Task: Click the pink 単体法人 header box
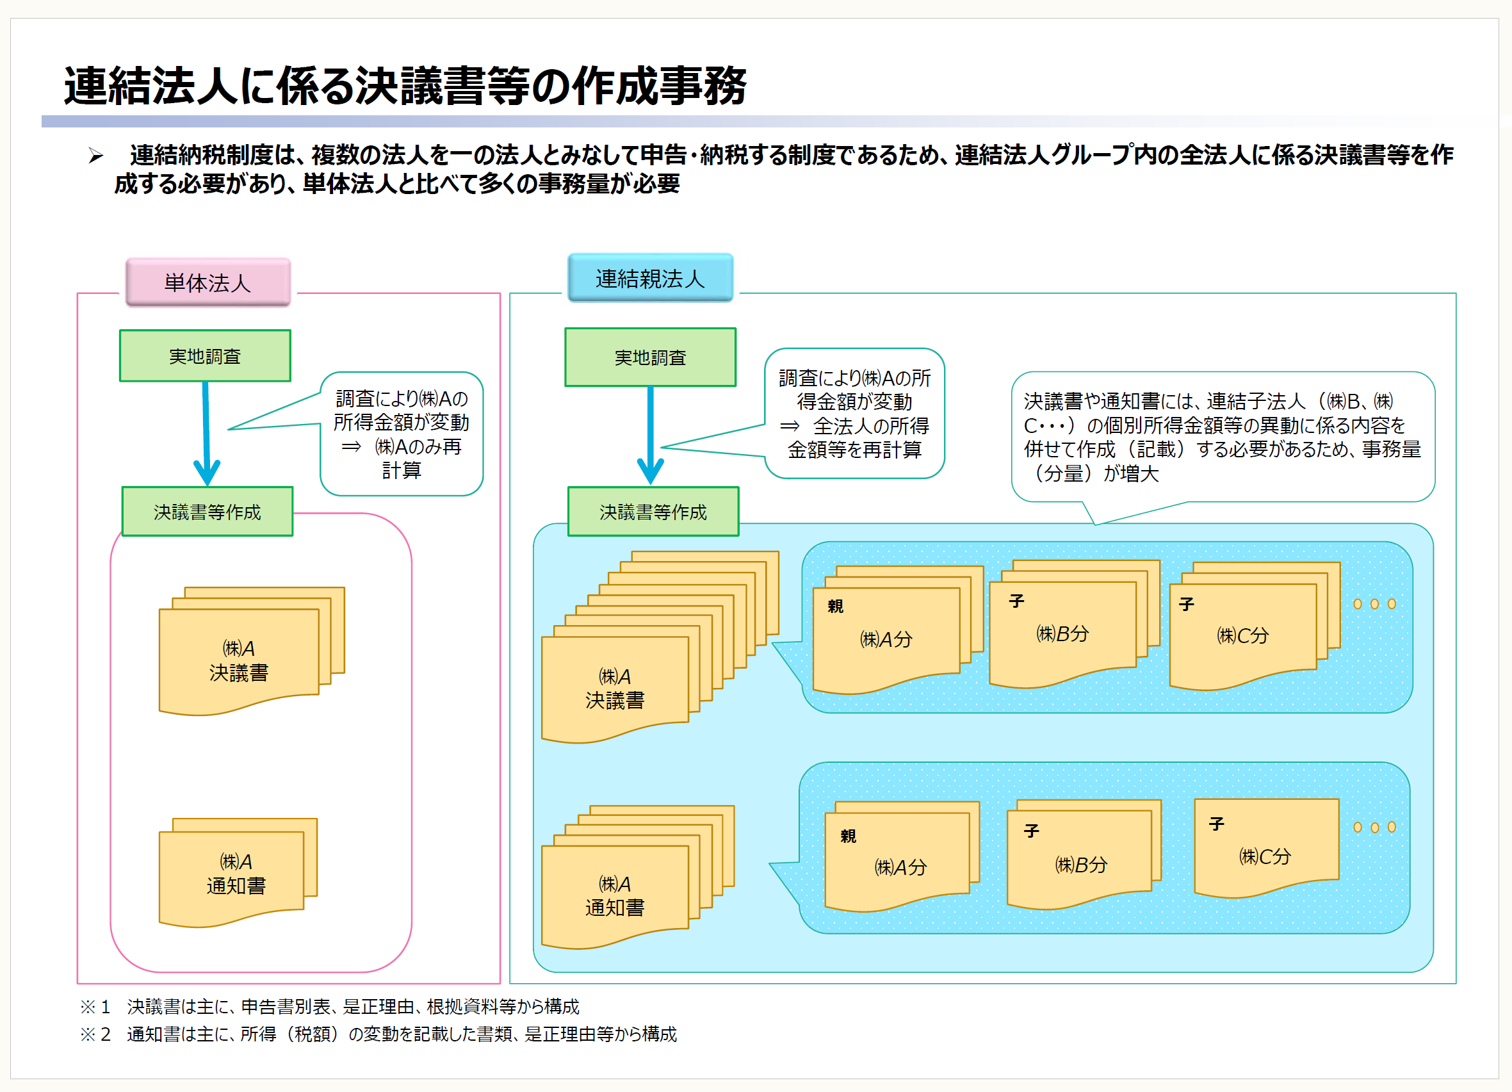pos(208,282)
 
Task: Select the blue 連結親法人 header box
pos(650,278)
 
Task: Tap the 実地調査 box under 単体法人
pos(205,356)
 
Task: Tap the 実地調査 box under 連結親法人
pos(650,357)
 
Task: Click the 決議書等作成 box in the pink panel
pos(207,511)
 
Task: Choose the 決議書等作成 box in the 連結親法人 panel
pos(653,511)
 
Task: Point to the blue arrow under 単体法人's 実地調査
pos(207,434)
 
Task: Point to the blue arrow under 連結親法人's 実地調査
pos(650,436)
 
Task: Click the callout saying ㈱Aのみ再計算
pos(402,434)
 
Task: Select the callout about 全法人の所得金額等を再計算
pos(854,413)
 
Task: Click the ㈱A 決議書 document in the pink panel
pos(251,651)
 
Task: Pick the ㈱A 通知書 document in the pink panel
pos(238,873)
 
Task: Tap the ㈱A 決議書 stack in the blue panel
pos(660,648)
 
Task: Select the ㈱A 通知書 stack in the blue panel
pos(638,877)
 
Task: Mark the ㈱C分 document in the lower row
pos(1267,849)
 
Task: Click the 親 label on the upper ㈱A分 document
pos(835,606)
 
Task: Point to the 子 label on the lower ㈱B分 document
pos(1031,831)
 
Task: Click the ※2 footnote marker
pos(95,1033)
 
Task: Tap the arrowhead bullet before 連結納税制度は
pos(96,156)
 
